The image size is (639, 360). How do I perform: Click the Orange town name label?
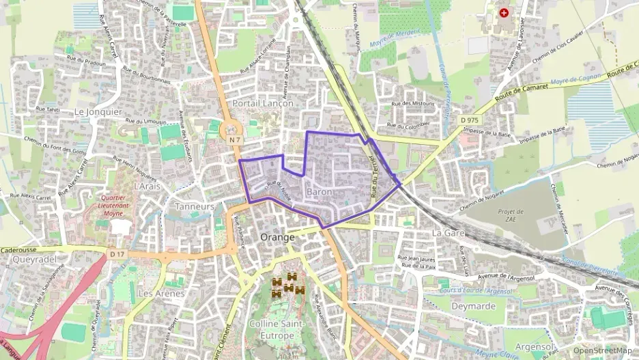(278, 237)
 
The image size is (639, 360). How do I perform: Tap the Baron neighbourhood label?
(319, 192)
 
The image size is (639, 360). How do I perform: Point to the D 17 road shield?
(117, 255)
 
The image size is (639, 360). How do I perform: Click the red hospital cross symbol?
(505, 12)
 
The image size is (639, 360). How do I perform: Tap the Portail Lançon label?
(263, 103)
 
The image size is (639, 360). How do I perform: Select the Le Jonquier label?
(98, 111)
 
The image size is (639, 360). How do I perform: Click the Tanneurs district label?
(195, 206)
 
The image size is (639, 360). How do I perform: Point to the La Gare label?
(448, 233)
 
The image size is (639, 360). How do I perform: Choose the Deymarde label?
(473, 306)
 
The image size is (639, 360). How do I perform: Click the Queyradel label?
(33, 260)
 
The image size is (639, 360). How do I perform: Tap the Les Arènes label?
(161, 293)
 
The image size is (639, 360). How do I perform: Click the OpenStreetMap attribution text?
(603, 351)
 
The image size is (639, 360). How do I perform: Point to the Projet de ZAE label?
(511, 216)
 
